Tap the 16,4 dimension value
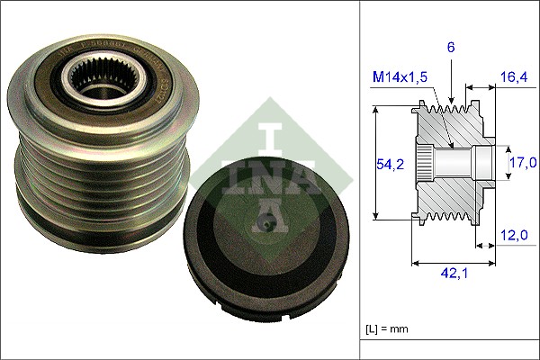[x=513, y=79]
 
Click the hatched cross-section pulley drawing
[x=450, y=162]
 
